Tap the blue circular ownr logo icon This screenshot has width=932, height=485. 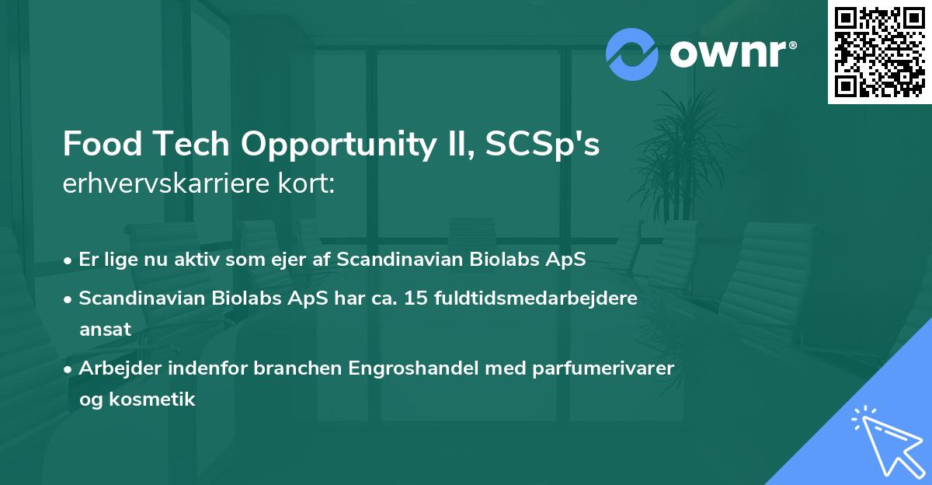632,54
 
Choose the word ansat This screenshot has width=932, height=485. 105,330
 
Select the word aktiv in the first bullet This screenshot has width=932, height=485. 194,260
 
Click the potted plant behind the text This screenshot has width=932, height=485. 680,155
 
